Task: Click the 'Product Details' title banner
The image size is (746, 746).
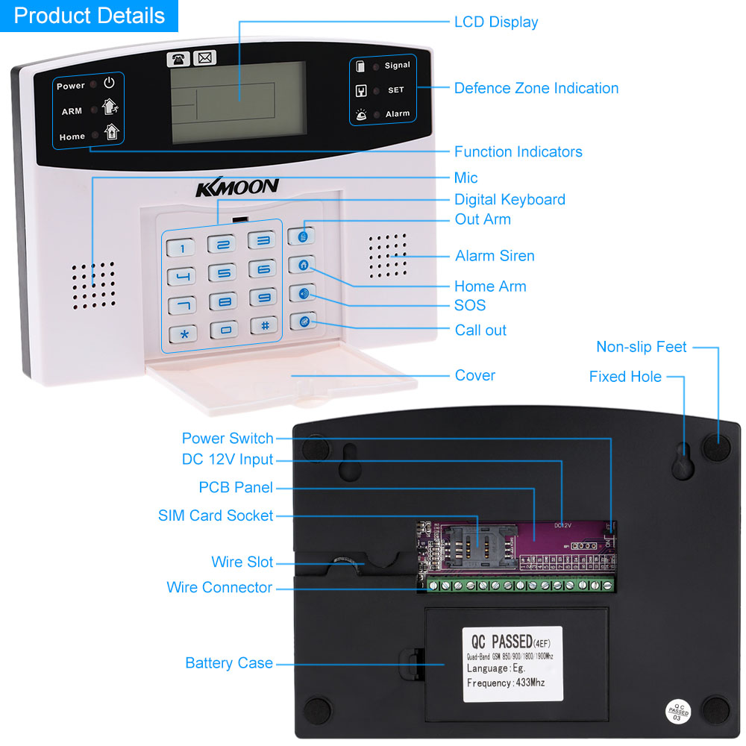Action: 90,16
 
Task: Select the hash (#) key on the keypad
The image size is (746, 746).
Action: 263,325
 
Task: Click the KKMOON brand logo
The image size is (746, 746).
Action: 236,187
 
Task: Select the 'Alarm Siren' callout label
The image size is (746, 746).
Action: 495,256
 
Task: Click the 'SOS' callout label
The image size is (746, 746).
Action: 470,305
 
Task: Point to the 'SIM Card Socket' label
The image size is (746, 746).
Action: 216,515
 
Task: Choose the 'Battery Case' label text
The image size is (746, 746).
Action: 229,663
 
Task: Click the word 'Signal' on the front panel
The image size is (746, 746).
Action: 397,66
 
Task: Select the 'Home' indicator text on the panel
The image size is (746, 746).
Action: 72,137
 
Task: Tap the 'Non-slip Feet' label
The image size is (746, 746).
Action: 642,347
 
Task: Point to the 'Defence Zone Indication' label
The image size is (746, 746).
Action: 536,88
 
